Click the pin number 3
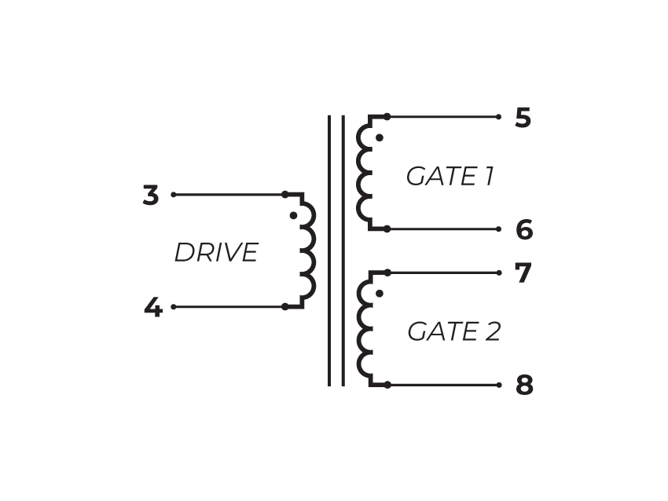151,196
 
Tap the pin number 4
152,308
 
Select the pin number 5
523,119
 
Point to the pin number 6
524,230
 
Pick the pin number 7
523,273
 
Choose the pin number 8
524,386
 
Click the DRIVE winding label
216,253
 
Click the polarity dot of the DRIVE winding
292,214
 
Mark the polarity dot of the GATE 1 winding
379,137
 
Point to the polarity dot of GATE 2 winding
379,294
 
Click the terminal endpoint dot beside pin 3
173,194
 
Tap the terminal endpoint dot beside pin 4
173,307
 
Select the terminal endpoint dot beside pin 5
499,117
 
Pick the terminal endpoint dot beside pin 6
499,229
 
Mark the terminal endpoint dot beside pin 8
499,385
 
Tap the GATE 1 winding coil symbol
365,173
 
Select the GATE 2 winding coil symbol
365,329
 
